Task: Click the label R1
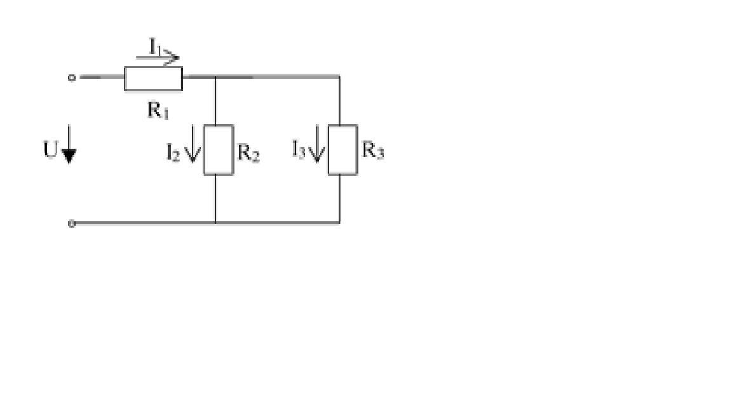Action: [x=158, y=111]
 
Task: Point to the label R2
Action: [x=248, y=153]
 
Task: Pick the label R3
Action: [x=373, y=151]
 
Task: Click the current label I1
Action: [x=155, y=46]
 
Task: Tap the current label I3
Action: [x=298, y=149]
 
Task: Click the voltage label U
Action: [x=50, y=151]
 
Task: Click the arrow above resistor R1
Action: [x=158, y=58]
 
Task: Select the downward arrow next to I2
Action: [x=193, y=144]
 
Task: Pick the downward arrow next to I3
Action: [x=317, y=144]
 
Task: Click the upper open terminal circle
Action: [x=71, y=78]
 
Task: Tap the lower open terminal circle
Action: [x=71, y=224]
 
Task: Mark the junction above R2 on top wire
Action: [x=215, y=76]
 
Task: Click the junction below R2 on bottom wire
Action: [x=215, y=223]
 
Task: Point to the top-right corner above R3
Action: [x=339, y=76]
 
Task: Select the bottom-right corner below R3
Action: [x=339, y=223]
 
